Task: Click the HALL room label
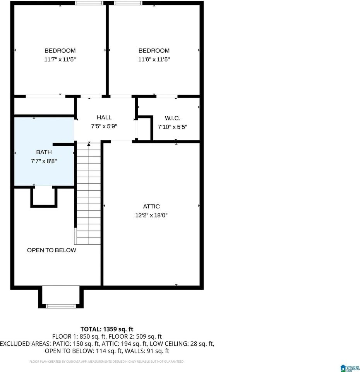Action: click(104, 117)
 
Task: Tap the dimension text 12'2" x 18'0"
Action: click(151, 215)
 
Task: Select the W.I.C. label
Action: click(172, 118)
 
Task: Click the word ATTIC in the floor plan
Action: click(151, 207)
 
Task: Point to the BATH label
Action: click(44, 152)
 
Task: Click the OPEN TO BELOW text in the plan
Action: click(51, 250)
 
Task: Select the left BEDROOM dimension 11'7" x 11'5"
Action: click(60, 60)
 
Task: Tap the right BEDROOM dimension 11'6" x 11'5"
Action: click(154, 60)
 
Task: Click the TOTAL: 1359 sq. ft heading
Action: click(107, 329)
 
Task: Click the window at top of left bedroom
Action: click(89, 3)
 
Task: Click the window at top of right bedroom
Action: click(128, 3)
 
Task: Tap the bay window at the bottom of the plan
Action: click(61, 306)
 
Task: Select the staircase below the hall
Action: click(89, 194)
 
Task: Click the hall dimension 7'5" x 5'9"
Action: click(104, 126)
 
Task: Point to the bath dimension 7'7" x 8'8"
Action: click(44, 161)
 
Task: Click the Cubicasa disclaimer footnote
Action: click(107, 362)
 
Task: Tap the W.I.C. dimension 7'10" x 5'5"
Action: click(172, 127)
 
